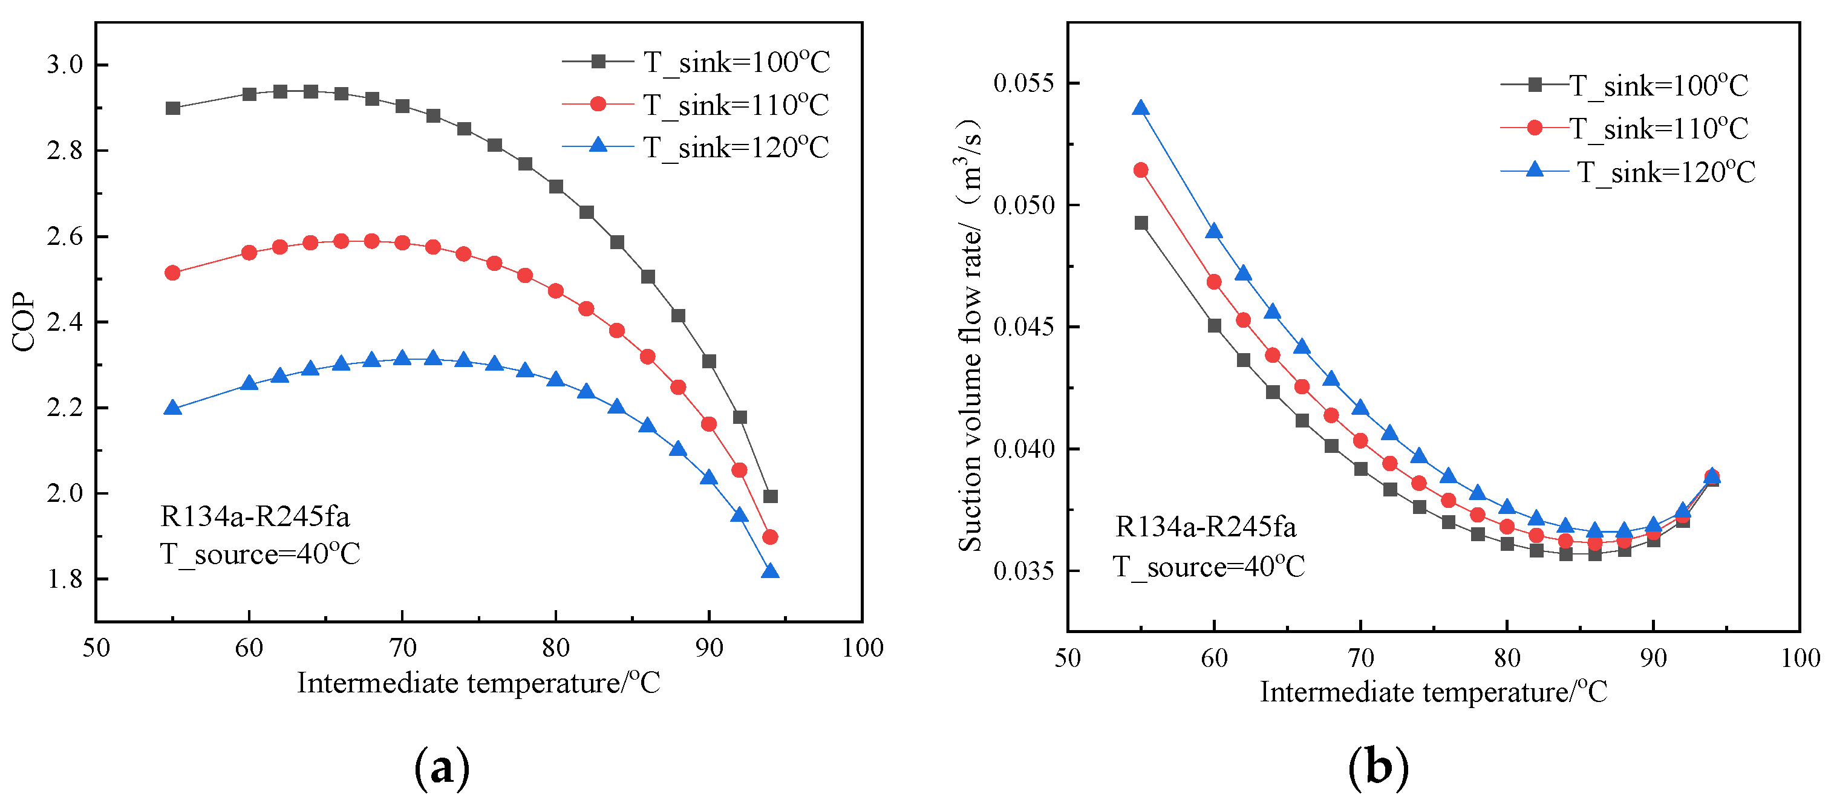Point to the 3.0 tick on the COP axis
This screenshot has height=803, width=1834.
pos(65,65)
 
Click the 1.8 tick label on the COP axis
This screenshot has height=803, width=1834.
pos(65,579)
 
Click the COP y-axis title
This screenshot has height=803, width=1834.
pos(24,322)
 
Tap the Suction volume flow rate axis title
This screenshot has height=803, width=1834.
pos(970,334)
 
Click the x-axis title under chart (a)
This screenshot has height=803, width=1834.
pos(478,683)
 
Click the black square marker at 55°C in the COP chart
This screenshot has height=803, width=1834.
pos(172,108)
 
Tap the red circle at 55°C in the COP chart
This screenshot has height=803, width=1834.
pos(172,273)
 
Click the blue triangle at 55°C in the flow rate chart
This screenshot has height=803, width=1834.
pos(1141,108)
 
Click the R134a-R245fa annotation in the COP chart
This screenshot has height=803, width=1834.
pos(255,517)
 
